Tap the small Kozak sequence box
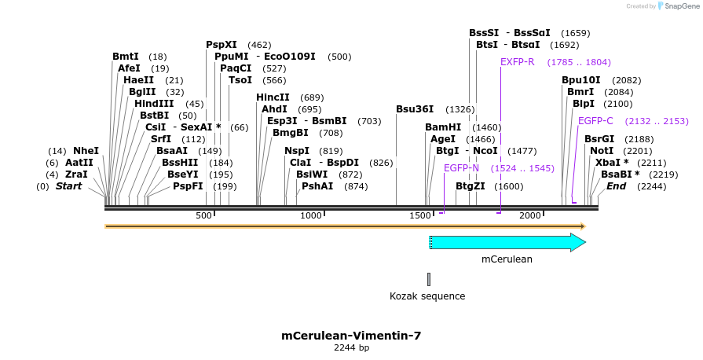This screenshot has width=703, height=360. (429, 279)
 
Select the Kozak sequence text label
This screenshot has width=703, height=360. (427, 296)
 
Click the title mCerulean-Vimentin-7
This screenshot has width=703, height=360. (351, 336)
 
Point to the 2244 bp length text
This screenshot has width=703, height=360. (351, 347)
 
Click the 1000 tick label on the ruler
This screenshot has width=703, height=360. (311, 215)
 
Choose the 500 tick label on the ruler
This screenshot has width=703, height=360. (203, 215)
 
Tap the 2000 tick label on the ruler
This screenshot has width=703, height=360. (530, 215)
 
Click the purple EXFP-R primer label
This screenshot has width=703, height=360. (518, 62)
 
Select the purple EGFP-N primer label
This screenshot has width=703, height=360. (461, 168)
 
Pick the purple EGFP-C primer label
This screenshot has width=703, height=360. (595, 121)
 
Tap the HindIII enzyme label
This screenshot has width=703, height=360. (158, 104)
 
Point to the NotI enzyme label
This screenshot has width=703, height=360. (602, 151)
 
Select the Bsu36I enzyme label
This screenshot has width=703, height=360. (415, 109)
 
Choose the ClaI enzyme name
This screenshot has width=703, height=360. (301, 163)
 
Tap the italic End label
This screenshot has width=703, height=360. (616, 186)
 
